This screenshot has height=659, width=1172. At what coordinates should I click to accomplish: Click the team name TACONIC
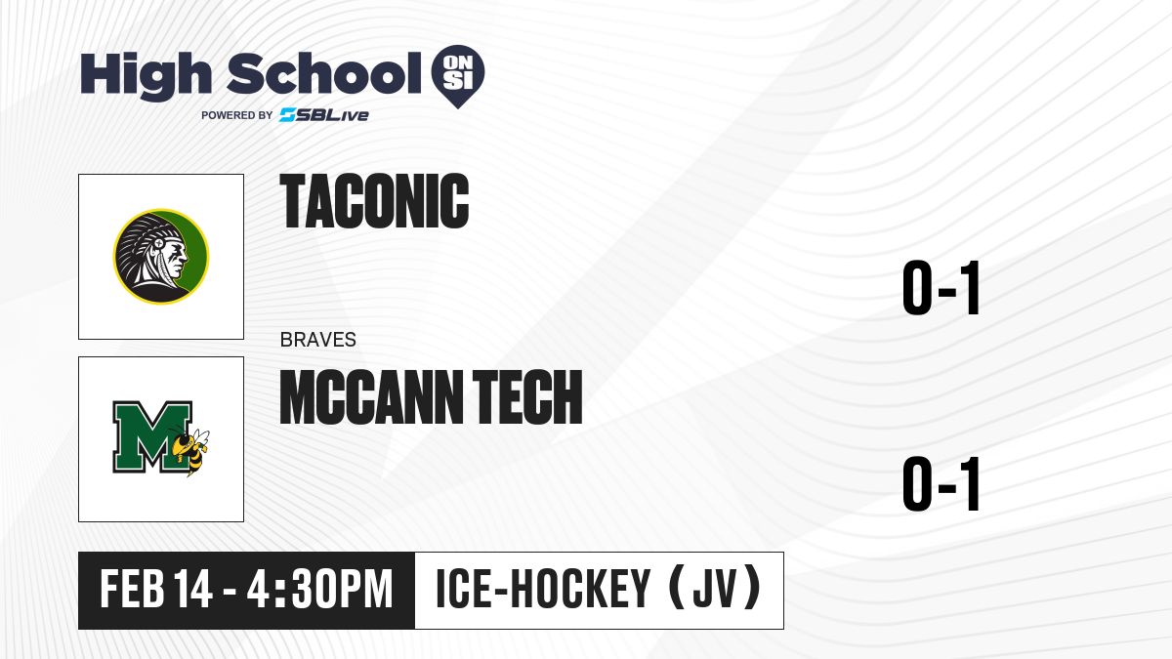click(x=374, y=201)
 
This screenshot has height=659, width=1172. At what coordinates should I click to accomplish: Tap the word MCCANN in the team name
click(x=371, y=397)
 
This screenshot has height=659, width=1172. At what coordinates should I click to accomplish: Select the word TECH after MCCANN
click(x=527, y=397)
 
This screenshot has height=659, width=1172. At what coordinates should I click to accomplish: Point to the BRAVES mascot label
click(x=318, y=340)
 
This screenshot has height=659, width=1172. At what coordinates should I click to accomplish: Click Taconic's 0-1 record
click(x=941, y=288)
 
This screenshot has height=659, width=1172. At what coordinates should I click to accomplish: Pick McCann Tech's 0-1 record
click(x=941, y=483)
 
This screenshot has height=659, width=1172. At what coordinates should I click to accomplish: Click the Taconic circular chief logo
click(x=161, y=256)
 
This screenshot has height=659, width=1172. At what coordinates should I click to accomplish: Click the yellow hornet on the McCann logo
click(x=190, y=450)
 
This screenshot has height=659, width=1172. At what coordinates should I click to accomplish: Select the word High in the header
click(x=146, y=76)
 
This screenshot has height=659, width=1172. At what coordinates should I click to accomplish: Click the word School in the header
click(x=324, y=73)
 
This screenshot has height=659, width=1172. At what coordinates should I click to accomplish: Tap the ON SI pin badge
click(x=458, y=76)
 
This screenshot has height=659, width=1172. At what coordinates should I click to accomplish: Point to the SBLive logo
click(x=324, y=115)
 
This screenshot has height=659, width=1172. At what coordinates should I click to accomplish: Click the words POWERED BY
click(x=237, y=115)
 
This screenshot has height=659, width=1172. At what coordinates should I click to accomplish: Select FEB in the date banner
click(x=132, y=590)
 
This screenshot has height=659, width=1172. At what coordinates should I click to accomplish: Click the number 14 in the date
click(x=193, y=590)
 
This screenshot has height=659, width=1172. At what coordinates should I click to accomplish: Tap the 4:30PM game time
click(x=319, y=590)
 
